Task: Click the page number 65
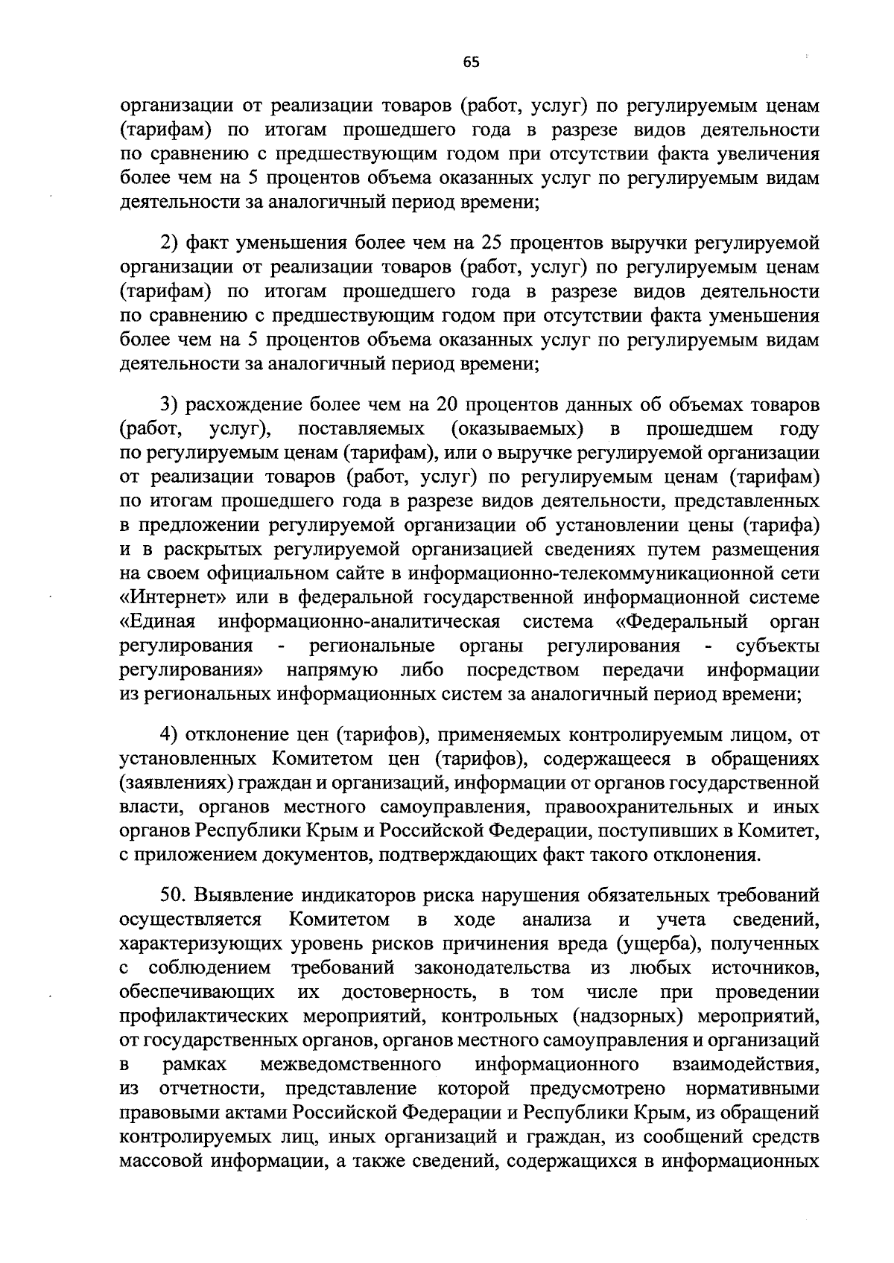471,63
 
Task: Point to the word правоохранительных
657,807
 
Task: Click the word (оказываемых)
516,429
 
